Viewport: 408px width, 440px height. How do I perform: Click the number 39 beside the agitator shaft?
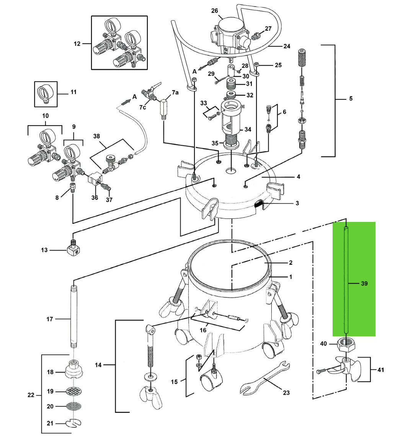[364, 284]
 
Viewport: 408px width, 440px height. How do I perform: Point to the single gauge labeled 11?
[46, 93]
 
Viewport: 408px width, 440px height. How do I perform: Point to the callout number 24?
[287, 46]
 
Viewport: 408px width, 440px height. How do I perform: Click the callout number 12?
[77, 44]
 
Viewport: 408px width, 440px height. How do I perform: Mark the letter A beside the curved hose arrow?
[135, 97]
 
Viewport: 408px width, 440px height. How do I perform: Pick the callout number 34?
[248, 129]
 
